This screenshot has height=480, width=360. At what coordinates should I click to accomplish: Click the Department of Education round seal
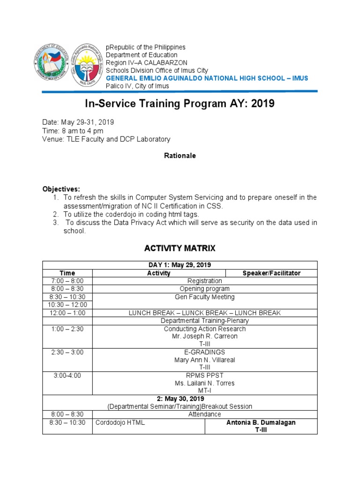coord(52,65)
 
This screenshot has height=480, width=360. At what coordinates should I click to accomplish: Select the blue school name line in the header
coord(207,78)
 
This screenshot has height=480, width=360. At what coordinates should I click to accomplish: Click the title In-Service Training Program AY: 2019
coord(180,104)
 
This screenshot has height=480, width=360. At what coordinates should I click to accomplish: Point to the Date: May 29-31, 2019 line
coord(78,122)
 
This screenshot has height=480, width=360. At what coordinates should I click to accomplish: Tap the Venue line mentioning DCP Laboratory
coord(106,139)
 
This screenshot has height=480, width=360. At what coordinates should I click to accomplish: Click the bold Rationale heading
coord(180,156)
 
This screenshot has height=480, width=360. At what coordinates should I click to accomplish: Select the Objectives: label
coord(61,188)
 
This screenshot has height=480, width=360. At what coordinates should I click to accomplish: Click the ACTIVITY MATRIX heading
coord(180,247)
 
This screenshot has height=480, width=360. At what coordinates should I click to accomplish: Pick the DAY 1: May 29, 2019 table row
coord(180,265)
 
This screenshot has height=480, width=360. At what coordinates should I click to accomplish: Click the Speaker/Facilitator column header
coord(271,273)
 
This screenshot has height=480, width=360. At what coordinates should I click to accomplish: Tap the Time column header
coord(67,273)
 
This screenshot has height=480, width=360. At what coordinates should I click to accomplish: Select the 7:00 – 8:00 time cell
coord(67,281)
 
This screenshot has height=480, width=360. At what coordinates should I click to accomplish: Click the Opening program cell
coord(205,289)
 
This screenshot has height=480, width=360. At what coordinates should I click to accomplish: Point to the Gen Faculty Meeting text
coord(205,297)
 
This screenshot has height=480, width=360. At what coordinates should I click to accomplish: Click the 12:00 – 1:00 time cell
coord(67,313)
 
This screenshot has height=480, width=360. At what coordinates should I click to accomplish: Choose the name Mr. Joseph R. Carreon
coord(205,336)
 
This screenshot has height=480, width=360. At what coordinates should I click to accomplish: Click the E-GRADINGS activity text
coord(205,352)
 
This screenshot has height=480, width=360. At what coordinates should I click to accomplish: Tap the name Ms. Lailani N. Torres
coord(205,383)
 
